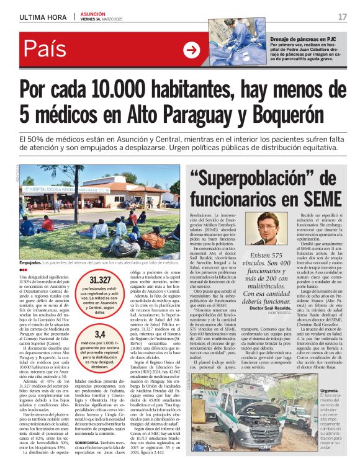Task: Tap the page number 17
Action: pyautogui.click(x=342, y=16)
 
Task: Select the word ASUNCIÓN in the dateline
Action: pyautogui.click(x=93, y=12)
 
